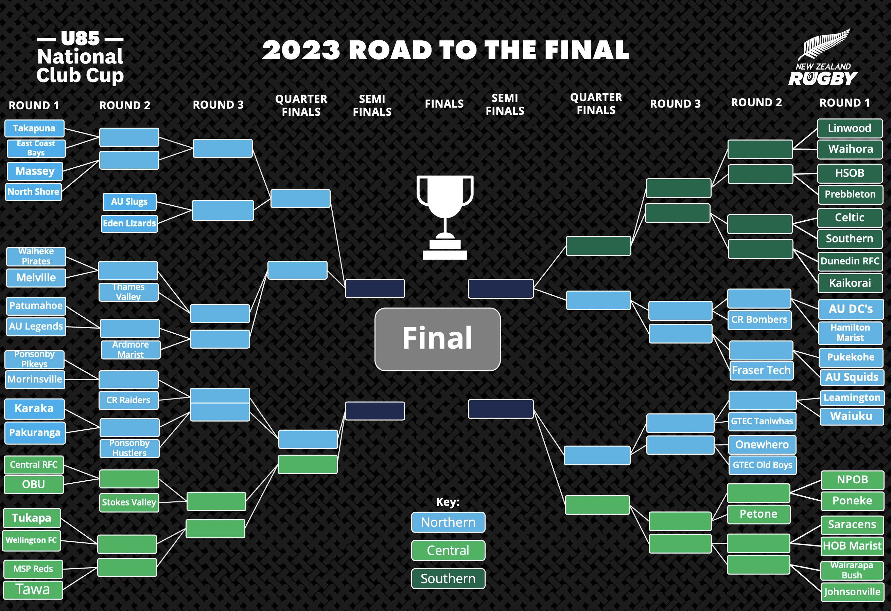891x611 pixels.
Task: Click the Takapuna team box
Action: (x=34, y=128)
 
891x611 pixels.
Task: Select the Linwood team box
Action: (x=849, y=128)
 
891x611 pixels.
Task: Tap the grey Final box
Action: (x=437, y=339)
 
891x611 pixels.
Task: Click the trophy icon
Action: (x=445, y=217)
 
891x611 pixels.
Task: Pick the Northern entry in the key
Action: (x=448, y=522)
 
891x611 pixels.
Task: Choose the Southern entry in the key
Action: (x=448, y=578)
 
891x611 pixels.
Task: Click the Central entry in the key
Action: (x=448, y=551)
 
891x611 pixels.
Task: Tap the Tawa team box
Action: (x=33, y=590)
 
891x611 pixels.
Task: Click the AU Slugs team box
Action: (x=129, y=202)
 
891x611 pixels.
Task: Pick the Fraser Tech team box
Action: (x=761, y=370)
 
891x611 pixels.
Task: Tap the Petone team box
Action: (x=758, y=514)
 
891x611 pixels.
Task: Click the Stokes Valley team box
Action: (x=129, y=502)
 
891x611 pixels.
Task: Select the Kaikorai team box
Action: (x=850, y=283)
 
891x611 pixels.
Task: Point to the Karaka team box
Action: (x=34, y=408)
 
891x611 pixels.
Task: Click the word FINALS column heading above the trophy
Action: (x=444, y=104)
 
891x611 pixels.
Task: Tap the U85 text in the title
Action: (x=80, y=38)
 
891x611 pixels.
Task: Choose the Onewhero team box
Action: (x=762, y=445)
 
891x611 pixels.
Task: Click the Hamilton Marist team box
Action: (x=850, y=333)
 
